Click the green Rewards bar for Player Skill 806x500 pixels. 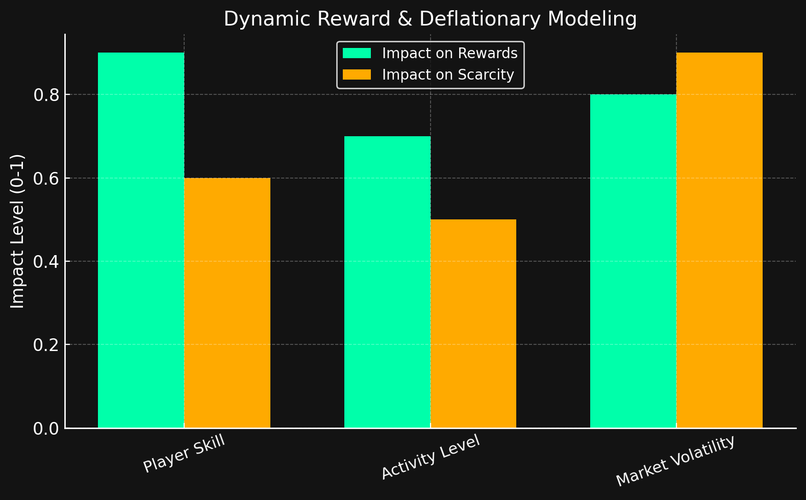(x=141, y=240)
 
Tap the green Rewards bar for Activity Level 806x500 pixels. (x=387, y=282)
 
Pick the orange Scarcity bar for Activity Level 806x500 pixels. (x=473, y=323)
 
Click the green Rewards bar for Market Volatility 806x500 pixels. (x=633, y=261)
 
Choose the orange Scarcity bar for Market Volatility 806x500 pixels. (x=719, y=240)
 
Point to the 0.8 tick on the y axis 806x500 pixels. (x=46, y=95)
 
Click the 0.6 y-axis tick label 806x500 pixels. (x=46, y=179)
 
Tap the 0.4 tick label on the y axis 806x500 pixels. (x=46, y=262)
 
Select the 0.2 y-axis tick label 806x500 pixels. (x=46, y=345)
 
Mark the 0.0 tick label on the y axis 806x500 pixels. (x=46, y=429)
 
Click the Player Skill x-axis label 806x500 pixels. (x=184, y=454)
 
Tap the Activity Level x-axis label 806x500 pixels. (x=431, y=457)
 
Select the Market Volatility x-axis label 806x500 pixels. (x=675, y=461)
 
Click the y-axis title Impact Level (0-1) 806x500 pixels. (x=18, y=231)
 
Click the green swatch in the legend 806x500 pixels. (x=357, y=54)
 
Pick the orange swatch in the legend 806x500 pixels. (x=357, y=75)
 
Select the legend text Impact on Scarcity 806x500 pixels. (x=448, y=75)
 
